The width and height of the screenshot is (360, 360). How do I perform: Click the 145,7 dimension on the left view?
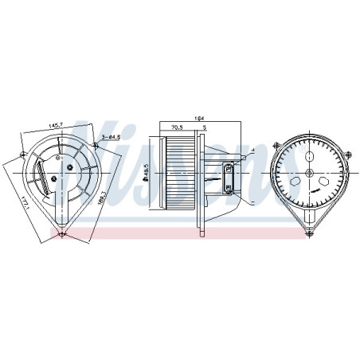56,126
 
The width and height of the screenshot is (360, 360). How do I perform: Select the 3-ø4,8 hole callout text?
111,138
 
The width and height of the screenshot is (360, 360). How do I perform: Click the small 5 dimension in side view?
204,126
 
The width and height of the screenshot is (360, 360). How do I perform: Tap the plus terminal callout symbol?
251,149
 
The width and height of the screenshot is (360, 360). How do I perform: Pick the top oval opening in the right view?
309,156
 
